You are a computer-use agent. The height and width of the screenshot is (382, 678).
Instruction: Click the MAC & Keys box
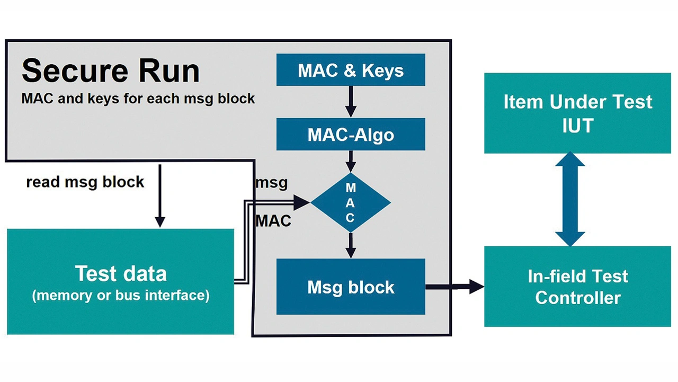351,70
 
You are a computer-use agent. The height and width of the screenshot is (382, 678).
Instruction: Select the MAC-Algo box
351,134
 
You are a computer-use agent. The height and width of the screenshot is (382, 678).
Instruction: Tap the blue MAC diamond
351,202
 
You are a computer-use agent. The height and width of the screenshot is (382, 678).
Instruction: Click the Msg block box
351,287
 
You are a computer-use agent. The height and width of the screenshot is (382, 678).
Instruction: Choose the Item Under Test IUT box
577,113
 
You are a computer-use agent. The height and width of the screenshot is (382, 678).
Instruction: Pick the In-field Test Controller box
577,287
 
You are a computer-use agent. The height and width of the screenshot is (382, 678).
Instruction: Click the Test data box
121,281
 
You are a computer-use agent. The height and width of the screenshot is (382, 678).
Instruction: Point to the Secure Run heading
111,71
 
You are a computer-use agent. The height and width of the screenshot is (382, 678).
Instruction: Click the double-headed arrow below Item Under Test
570,199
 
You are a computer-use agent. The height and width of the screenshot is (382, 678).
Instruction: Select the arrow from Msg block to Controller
454,287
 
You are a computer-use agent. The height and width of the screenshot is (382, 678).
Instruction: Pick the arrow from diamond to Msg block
351,245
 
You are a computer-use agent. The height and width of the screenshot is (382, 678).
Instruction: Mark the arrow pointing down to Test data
159,196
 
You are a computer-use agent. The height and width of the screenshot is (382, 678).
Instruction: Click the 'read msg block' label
85,182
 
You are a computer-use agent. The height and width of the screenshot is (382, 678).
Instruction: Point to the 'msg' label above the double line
272,183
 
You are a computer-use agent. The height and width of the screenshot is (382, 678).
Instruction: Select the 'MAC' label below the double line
273,220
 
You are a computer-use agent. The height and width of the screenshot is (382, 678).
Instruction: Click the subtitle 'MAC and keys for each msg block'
138,99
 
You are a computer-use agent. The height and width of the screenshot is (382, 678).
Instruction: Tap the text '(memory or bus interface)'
121,295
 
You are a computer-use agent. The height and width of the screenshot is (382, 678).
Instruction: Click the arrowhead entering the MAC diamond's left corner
302,201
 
